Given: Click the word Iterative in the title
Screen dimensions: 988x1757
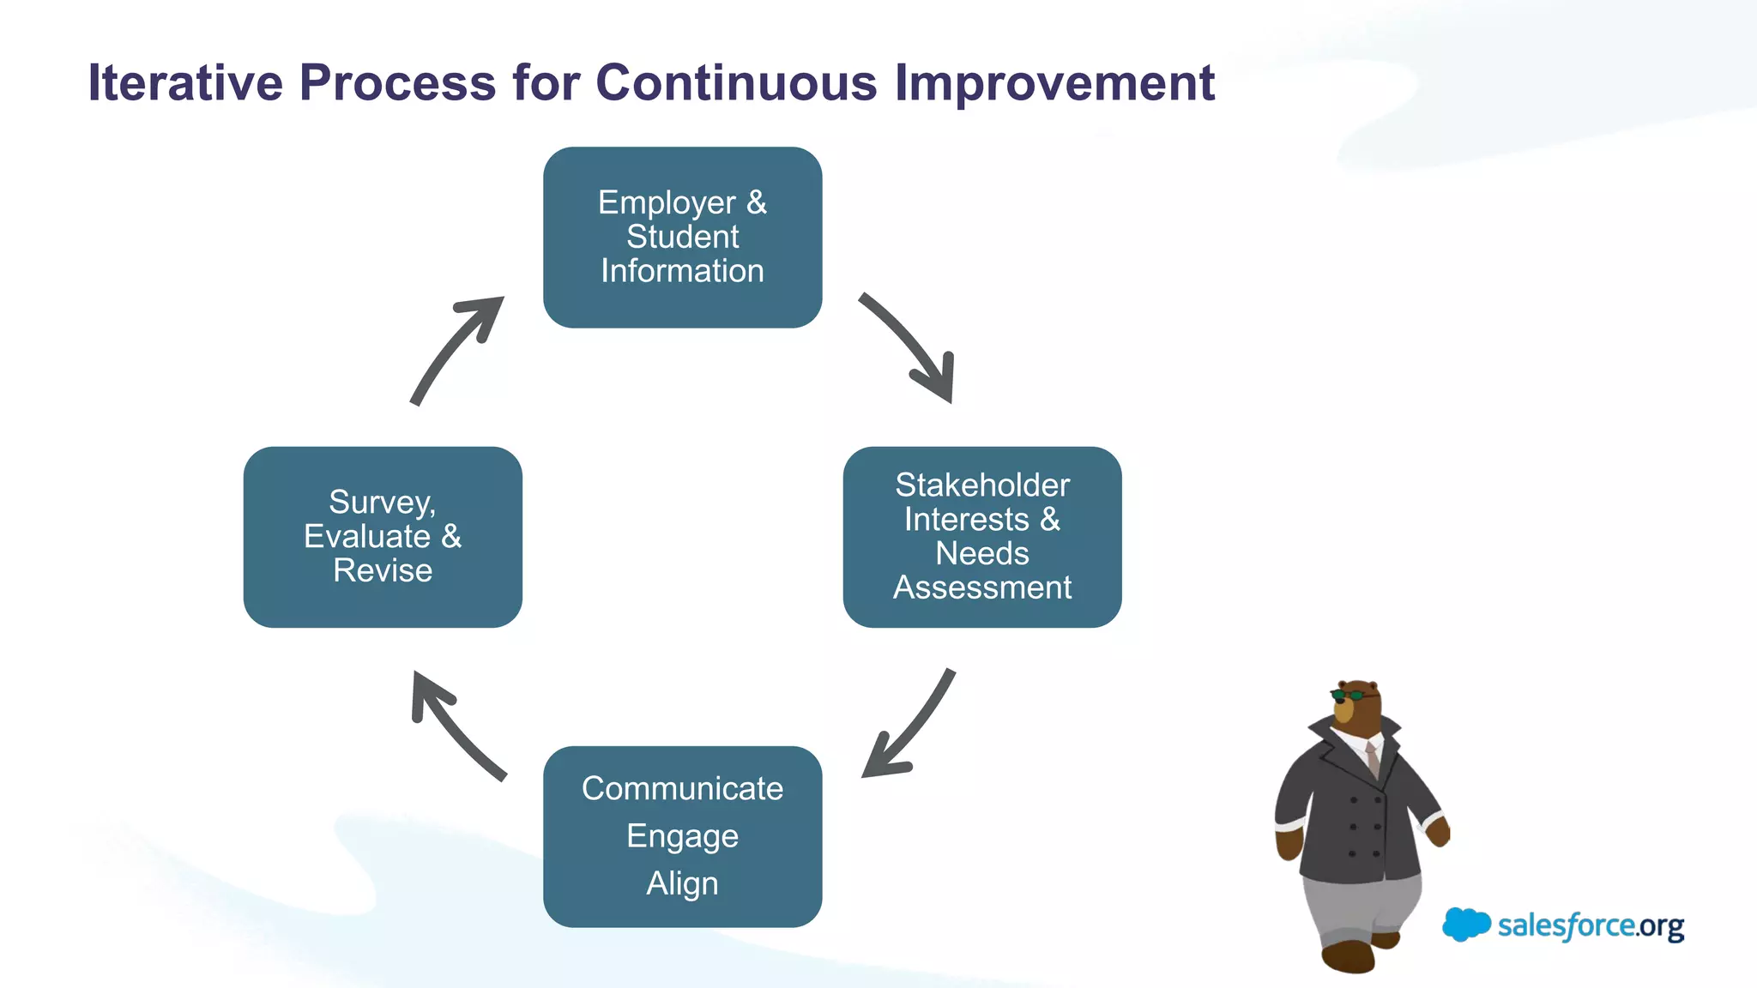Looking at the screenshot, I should click(x=185, y=83).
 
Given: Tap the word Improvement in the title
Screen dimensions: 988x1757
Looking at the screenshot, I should click(x=1054, y=83).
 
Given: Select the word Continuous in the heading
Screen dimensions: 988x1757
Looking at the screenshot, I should click(x=736, y=83).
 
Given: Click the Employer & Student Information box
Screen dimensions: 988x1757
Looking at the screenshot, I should click(x=682, y=237).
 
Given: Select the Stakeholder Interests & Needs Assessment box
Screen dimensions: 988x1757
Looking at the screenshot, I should click(x=982, y=537).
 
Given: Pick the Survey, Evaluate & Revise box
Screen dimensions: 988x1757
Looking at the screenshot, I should click(x=383, y=537).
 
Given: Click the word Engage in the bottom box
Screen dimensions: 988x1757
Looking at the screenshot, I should click(x=682, y=835).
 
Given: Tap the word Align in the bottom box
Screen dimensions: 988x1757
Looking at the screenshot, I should click(x=682, y=883).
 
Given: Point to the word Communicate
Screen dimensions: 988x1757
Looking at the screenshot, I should click(x=682, y=788).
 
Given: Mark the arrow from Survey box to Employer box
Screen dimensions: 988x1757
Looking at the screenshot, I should click(x=455, y=347).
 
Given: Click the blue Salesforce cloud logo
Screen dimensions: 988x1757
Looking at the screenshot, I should click(x=1465, y=925).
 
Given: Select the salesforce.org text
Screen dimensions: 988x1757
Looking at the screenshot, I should click(x=1591, y=926).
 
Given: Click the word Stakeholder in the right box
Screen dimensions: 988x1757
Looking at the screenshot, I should click(x=982, y=485).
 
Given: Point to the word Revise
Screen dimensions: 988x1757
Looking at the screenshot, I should click(x=383, y=570).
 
